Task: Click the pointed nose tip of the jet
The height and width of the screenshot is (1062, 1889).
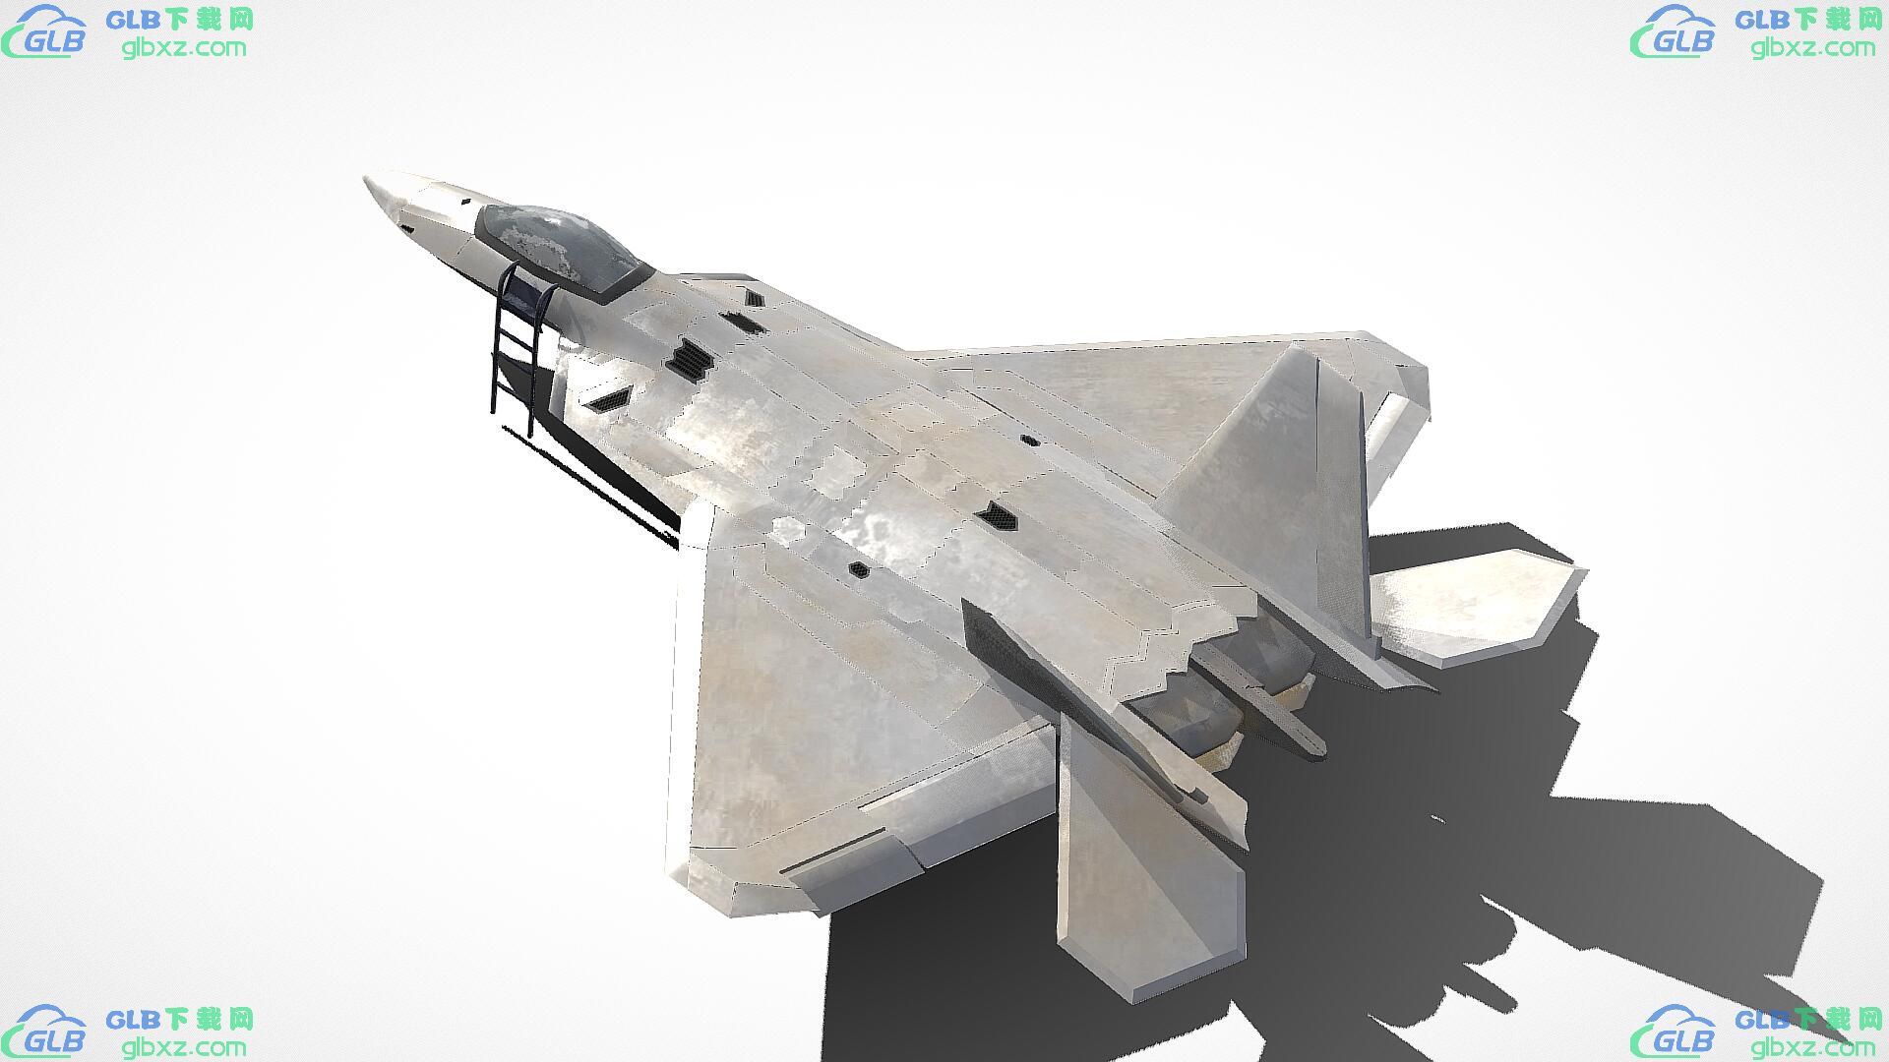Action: (367, 181)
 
